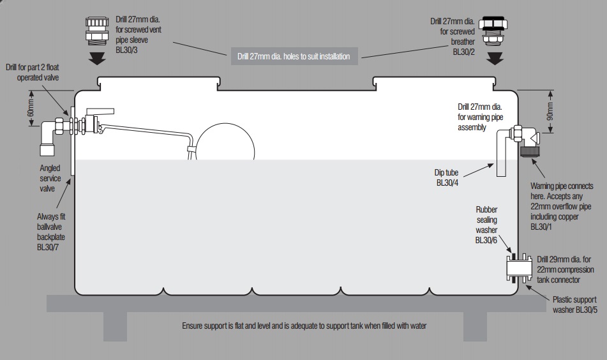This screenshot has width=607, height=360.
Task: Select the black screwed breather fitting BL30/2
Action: click(x=495, y=31)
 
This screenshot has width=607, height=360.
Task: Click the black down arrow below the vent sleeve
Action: click(x=98, y=59)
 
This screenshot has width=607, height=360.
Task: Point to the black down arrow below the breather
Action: click(x=495, y=58)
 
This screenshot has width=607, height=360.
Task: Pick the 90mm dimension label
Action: click(x=550, y=112)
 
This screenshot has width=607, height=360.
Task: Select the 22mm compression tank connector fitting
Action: click(x=518, y=268)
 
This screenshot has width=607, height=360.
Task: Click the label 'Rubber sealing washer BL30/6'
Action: click(x=487, y=225)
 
